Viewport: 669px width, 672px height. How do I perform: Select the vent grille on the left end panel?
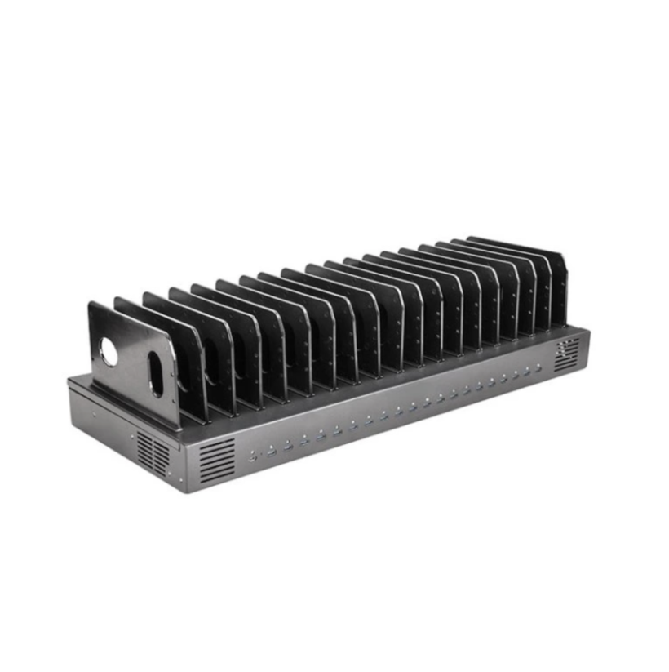pyautogui.click(x=153, y=453)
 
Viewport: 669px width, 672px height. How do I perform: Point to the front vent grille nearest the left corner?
pyautogui.click(x=216, y=460)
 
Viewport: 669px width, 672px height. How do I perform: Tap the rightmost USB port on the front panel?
pyautogui.click(x=539, y=370)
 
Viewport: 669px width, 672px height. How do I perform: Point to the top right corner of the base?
pyautogui.click(x=588, y=328)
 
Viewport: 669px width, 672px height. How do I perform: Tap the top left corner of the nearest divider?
pyautogui.click(x=91, y=304)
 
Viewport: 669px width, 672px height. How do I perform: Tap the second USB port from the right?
pyautogui.click(x=527, y=374)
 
